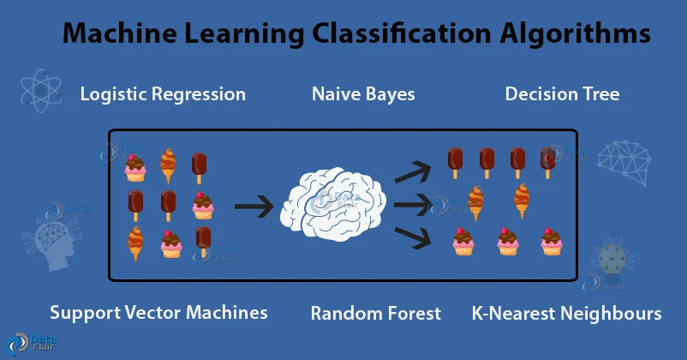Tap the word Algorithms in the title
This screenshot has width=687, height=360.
(x=579, y=36)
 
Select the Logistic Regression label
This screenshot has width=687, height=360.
(x=163, y=94)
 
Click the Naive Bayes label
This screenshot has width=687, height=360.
(x=363, y=94)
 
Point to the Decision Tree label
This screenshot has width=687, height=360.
(x=562, y=94)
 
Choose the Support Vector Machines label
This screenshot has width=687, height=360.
(x=158, y=313)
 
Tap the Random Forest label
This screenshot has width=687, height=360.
(x=375, y=313)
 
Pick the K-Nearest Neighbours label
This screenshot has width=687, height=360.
(x=566, y=313)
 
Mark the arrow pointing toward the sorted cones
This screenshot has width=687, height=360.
(x=412, y=206)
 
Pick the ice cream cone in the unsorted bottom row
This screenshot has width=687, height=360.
(x=135, y=244)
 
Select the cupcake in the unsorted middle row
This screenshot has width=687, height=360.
(x=202, y=206)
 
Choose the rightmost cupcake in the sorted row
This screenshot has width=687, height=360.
(x=552, y=243)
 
